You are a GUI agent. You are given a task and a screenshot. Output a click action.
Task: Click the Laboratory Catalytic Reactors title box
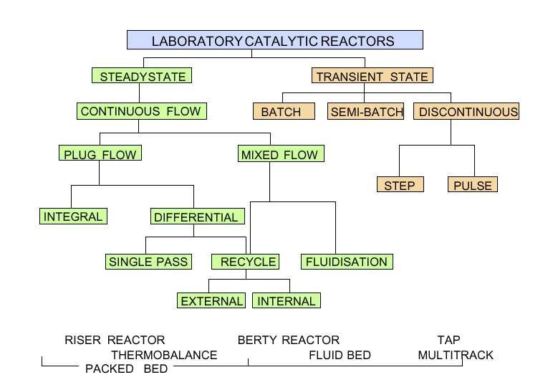(x=275, y=40)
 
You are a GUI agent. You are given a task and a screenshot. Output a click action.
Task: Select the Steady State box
(x=142, y=75)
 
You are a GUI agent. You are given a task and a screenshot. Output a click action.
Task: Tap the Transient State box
(x=372, y=75)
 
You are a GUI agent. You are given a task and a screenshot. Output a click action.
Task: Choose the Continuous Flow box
(x=142, y=111)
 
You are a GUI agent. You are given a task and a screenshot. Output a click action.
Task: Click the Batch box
(x=284, y=112)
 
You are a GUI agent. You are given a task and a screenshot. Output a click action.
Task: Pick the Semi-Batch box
(x=366, y=112)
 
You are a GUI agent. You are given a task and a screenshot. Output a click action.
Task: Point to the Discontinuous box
(x=466, y=111)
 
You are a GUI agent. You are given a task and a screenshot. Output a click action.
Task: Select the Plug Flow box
(x=100, y=153)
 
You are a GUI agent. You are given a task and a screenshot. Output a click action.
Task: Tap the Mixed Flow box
(x=281, y=153)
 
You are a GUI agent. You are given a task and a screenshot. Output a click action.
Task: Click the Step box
(x=400, y=184)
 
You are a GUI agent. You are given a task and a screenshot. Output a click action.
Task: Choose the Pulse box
(x=473, y=184)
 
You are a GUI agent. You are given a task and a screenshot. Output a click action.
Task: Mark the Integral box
(x=73, y=216)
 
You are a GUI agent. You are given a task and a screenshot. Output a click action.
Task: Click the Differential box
(x=198, y=217)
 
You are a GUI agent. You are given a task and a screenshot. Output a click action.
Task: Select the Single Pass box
(x=148, y=262)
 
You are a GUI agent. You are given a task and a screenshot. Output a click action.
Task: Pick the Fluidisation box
(x=347, y=262)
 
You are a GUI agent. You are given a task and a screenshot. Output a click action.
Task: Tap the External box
(x=211, y=300)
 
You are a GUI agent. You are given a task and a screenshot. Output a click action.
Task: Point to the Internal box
(x=287, y=300)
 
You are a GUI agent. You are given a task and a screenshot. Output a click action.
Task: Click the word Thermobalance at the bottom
(x=164, y=355)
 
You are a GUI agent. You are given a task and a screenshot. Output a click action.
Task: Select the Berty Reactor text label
(x=289, y=340)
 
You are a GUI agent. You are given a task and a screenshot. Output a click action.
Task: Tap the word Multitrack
(x=456, y=355)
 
